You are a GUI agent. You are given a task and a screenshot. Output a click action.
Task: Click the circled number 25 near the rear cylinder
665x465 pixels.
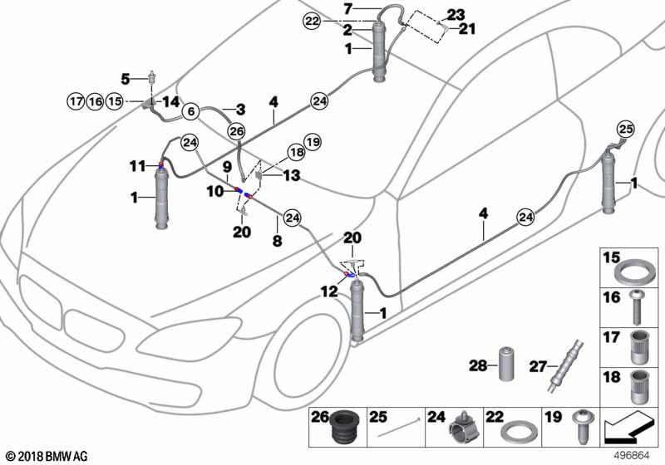pyautogui.click(x=626, y=129)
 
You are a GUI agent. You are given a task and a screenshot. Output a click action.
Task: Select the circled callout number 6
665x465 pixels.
pyautogui.click(x=191, y=111)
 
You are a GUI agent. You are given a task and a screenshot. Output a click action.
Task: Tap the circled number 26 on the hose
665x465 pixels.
pyautogui.click(x=236, y=131)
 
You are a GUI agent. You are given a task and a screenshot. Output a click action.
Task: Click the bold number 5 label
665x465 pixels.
pyautogui.click(x=126, y=79)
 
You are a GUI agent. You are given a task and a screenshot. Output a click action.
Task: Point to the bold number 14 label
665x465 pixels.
pyautogui.click(x=171, y=101)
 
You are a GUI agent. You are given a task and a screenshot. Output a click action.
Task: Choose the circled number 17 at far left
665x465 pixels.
pyautogui.click(x=76, y=101)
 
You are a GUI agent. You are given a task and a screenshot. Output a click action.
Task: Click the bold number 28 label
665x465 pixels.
pyautogui.click(x=477, y=365)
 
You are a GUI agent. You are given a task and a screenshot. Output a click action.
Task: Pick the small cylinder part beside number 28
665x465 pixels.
pyautogui.click(x=505, y=364)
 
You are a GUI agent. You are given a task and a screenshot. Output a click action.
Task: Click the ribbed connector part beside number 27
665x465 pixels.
pyautogui.click(x=565, y=366)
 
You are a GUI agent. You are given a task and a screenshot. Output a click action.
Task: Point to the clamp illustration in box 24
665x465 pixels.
pyautogui.click(x=465, y=428)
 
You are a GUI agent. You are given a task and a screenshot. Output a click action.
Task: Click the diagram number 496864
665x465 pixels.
pyautogui.click(x=632, y=456)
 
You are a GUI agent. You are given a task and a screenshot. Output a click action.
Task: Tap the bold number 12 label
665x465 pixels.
pyautogui.click(x=329, y=291)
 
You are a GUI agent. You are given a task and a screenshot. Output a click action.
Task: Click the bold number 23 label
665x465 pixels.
pyautogui.click(x=455, y=15)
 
